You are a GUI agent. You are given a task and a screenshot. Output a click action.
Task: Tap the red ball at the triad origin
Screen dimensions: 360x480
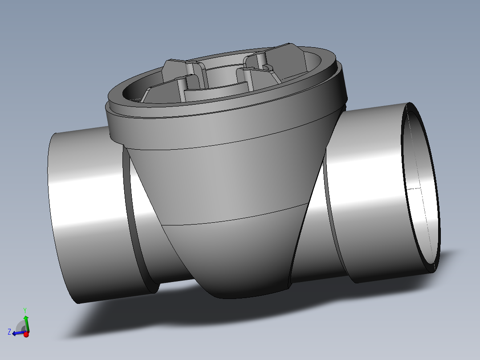26,334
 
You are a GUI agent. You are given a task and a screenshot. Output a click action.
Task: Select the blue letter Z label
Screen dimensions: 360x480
9,331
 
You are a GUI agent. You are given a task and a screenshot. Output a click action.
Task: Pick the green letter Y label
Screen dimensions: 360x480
25,310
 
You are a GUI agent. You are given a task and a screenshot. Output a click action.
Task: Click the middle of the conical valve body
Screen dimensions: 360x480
223,183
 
